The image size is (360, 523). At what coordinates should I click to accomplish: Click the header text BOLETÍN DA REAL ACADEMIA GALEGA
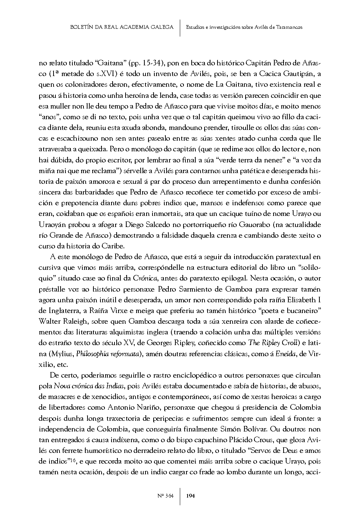122,27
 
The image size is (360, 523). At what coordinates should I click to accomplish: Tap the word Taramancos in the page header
289,27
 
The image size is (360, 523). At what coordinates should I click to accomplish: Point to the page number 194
191,496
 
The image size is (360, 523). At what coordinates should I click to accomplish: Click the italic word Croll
288,343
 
